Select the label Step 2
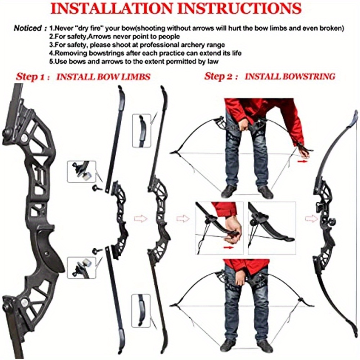pyautogui.click(x=220, y=76)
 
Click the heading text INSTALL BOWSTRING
pyautogui.click(x=290, y=76)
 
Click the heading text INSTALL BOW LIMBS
pyautogui.click(x=103, y=77)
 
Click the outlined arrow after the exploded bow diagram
pyautogui.click(x=141, y=219)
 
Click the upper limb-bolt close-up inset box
pyautogui.click(x=81, y=172)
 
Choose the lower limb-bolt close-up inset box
pyautogui.click(x=81, y=267)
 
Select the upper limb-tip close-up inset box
pyautogui.click(x=141, y=130)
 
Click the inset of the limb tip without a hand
pyautogui.click(x=272, y=227)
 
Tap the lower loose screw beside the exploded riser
pyautogui.click(x=95, y=251)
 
